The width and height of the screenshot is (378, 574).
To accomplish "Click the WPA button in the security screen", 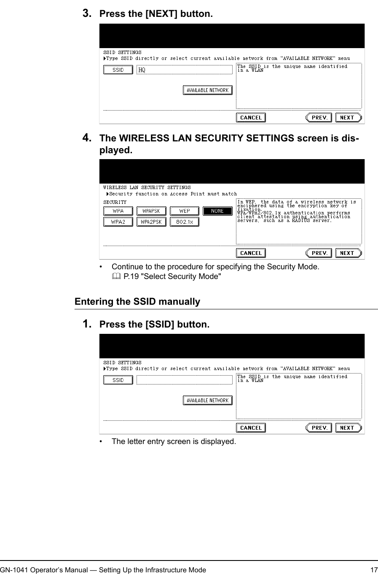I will coord(118,211).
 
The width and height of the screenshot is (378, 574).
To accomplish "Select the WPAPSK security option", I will coord(151,211).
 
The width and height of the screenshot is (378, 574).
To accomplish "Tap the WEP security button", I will coord(185,211).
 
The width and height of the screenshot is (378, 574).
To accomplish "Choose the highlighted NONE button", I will coord(217,211).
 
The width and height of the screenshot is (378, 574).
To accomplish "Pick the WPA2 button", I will coord(118,222).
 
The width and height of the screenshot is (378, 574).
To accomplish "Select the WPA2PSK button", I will coord(151,222).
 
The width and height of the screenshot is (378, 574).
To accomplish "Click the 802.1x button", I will coord(185,222).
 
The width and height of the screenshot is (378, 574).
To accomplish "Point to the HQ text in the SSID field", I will coord(142,70).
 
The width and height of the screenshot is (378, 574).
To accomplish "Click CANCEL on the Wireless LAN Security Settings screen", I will coord(251,253).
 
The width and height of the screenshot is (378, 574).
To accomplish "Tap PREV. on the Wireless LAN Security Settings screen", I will coord(319,253).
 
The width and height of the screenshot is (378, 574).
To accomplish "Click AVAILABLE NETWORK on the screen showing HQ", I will coord(207,90).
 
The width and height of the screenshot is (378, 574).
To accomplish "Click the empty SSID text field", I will coord(185,380).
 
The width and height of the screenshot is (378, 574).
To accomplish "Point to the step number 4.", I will coord(87,138).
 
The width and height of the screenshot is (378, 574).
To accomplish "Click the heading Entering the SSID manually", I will coord(137,301).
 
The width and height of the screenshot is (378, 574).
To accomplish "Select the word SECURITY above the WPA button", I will coord(115,202).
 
